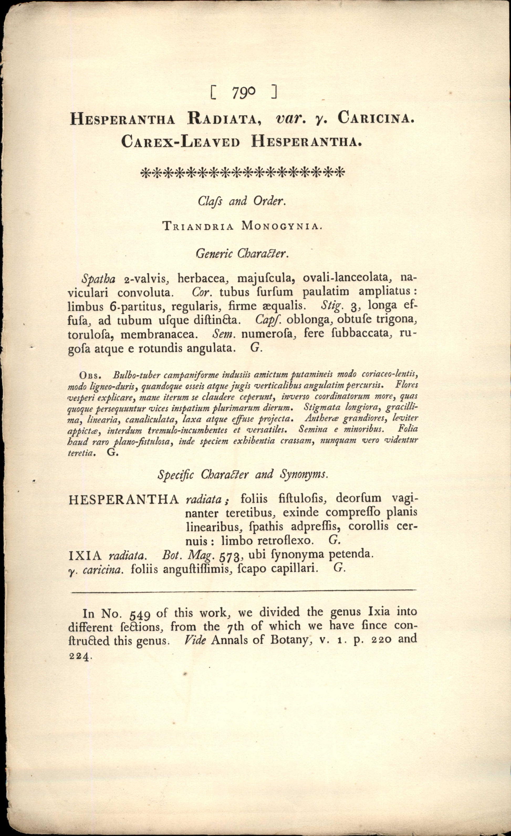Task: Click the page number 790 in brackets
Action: [244, 92]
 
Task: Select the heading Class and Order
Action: [242, 202]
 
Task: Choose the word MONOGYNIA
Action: [280, 226]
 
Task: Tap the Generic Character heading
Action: [242, 253]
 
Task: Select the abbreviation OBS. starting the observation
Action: [89, 376]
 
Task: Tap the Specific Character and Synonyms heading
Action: [243, 474]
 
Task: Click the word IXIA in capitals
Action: [85, 555]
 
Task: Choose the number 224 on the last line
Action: [80, 656]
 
